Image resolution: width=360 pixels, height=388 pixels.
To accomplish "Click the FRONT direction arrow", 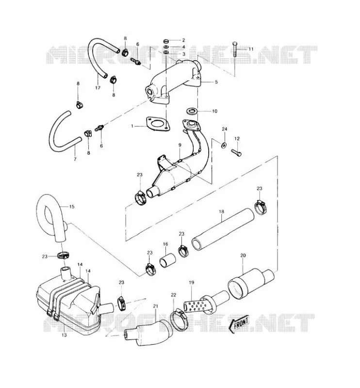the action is pos(238,324).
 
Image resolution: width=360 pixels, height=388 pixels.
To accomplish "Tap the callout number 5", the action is pos(216,81).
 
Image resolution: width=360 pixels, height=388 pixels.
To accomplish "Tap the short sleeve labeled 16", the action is pos(167,260).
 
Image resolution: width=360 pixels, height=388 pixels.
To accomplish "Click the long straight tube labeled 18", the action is pos(223,229).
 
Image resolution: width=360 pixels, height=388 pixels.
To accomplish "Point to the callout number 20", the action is pos(243,255).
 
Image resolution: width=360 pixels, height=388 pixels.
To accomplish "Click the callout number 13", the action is pos(64,335).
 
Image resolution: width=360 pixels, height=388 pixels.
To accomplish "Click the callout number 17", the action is pos(98,88).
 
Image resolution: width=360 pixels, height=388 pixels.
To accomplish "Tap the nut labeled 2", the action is pos(166,40).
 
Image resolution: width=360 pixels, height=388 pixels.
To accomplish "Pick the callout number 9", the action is pos(180,145).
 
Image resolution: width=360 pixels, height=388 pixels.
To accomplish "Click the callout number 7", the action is pos(75,159).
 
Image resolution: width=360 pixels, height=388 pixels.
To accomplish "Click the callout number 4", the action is pos(183,47).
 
